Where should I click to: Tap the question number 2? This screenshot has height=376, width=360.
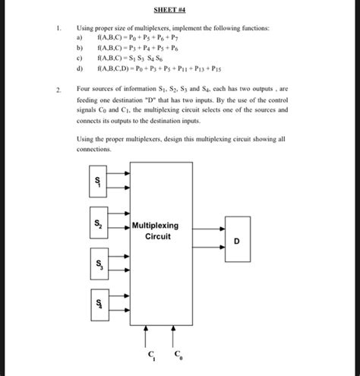coord(58,89)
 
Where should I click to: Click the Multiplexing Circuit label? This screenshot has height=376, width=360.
coord(155,231)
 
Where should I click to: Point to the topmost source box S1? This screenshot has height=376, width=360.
coord(98,184)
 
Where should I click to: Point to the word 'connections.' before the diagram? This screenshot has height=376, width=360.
coord(94,150)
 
